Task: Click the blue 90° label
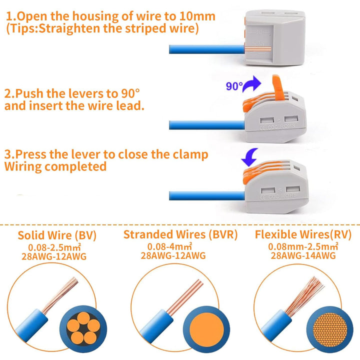(x=234, y=86)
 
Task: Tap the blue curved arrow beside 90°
(x=252, y=84)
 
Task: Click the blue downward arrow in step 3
(x=250, y=157)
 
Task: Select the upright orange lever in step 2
(x=278, y=87)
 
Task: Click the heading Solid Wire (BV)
(x=57, y=235)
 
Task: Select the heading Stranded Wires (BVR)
(x=180, y=234)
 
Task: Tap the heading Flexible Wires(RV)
(x=303, y=234)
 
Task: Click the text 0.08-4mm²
(x=169, y=246)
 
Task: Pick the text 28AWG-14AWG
(x=303, y=255)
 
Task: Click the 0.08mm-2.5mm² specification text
(x=303, y=246)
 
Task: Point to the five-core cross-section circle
(x=83, y=329)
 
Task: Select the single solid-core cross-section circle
(x=206, y=329)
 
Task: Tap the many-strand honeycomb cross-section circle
(x=329, y=329)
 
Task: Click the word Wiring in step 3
(x=23, y=166)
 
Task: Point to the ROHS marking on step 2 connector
(x=287, y=126)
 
